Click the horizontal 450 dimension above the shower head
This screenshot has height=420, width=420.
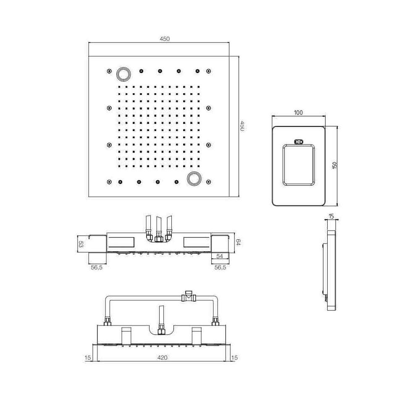[165, 39]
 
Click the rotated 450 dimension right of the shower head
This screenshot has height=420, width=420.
[242, 126]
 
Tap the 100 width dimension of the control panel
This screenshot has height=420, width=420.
[298, 113]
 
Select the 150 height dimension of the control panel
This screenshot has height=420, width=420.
[334, 165]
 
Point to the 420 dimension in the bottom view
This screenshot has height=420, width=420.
[162, 357]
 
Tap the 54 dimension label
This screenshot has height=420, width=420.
[219, 256]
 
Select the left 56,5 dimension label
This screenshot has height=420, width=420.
[97, 267]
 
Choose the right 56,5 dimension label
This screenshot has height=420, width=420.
[220, 267]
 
